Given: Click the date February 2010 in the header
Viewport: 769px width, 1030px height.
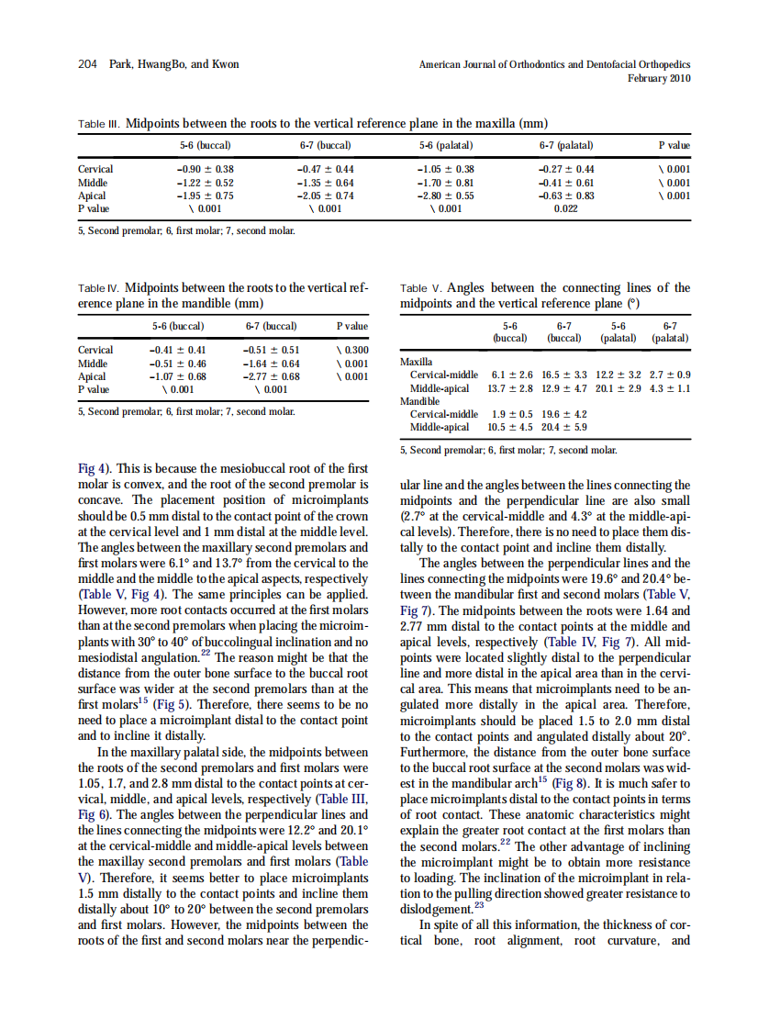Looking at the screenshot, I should tap(659, 78).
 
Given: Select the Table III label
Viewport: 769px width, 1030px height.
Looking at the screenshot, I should tap(98, 123).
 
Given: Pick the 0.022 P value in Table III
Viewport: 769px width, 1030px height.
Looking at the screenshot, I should tap(565, 208).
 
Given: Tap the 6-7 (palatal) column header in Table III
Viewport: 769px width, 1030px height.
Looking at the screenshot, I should tap(565, 145).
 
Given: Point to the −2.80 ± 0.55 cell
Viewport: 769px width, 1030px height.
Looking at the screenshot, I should tap(445, 196).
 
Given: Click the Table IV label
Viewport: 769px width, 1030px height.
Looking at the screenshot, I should tap(98, 288).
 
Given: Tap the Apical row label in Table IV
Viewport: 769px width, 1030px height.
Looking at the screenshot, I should tap(92, 376).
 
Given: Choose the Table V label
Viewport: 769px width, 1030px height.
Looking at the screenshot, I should tap(421, 288).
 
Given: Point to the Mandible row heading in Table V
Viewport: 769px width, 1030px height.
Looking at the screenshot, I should tap(420, 401).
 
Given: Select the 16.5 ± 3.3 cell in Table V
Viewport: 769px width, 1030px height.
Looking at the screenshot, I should tap(566, 375).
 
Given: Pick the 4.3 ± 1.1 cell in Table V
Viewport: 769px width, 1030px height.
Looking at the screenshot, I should tap(670, 388).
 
